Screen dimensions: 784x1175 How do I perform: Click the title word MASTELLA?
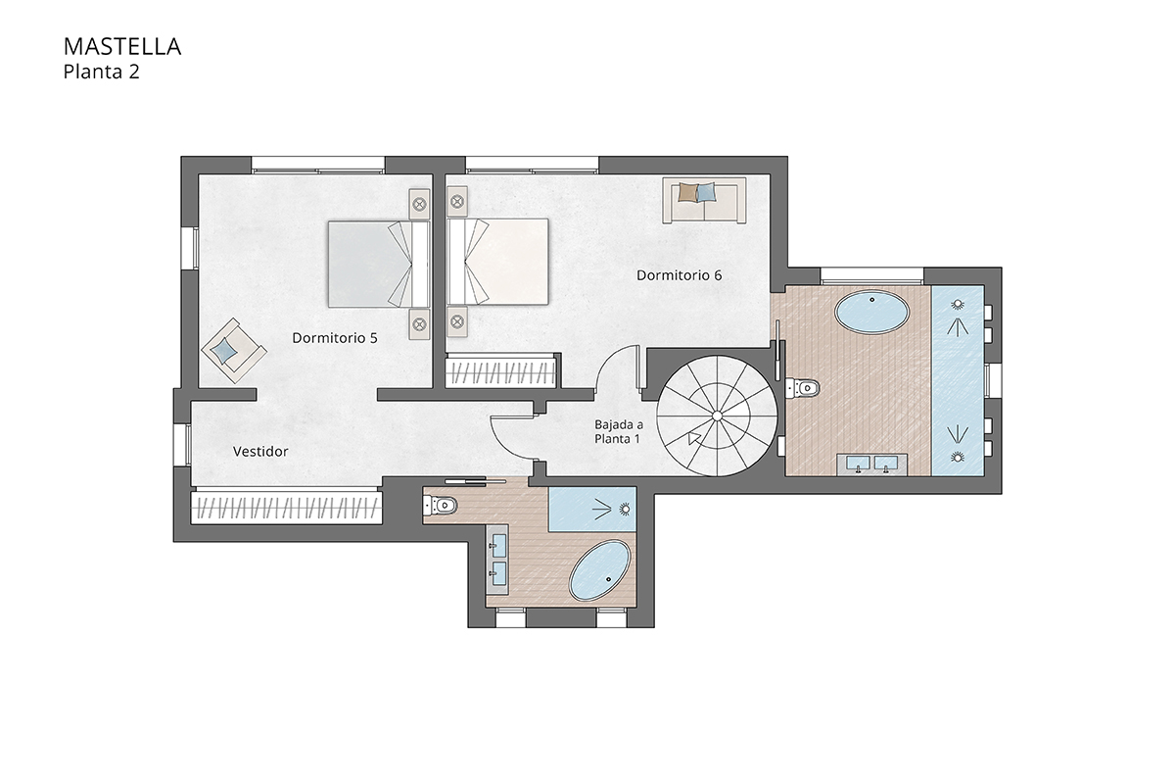click(x=121, y=46)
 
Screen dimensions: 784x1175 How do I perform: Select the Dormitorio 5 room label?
click(x=335, y=337)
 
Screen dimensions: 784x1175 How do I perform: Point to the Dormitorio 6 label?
click(x=679, y=275)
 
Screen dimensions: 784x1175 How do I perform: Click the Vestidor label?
click(x=260, y=452)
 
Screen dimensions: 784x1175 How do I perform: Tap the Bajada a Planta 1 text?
click(x=618, y=431)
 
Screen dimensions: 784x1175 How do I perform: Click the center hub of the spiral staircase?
click(x=717, y=416)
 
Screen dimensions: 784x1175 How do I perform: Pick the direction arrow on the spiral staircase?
click(x=695, y=437)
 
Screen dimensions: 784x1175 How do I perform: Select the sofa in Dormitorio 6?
click(x=704, y=199)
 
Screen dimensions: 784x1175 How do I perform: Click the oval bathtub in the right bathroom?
click(x=871, y=315)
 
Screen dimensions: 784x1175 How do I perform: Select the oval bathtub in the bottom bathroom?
click(x=600, y=571)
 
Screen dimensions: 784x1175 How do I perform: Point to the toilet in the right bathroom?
click(x=802, y=388)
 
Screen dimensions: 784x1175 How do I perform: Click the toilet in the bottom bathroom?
click(x=441, y=506)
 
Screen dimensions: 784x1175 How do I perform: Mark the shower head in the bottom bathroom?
click(x=625, y=508)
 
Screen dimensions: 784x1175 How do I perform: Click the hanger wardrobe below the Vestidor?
click(x=284, y=508)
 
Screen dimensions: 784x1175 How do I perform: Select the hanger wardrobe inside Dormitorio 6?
click(x=501, y=372)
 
